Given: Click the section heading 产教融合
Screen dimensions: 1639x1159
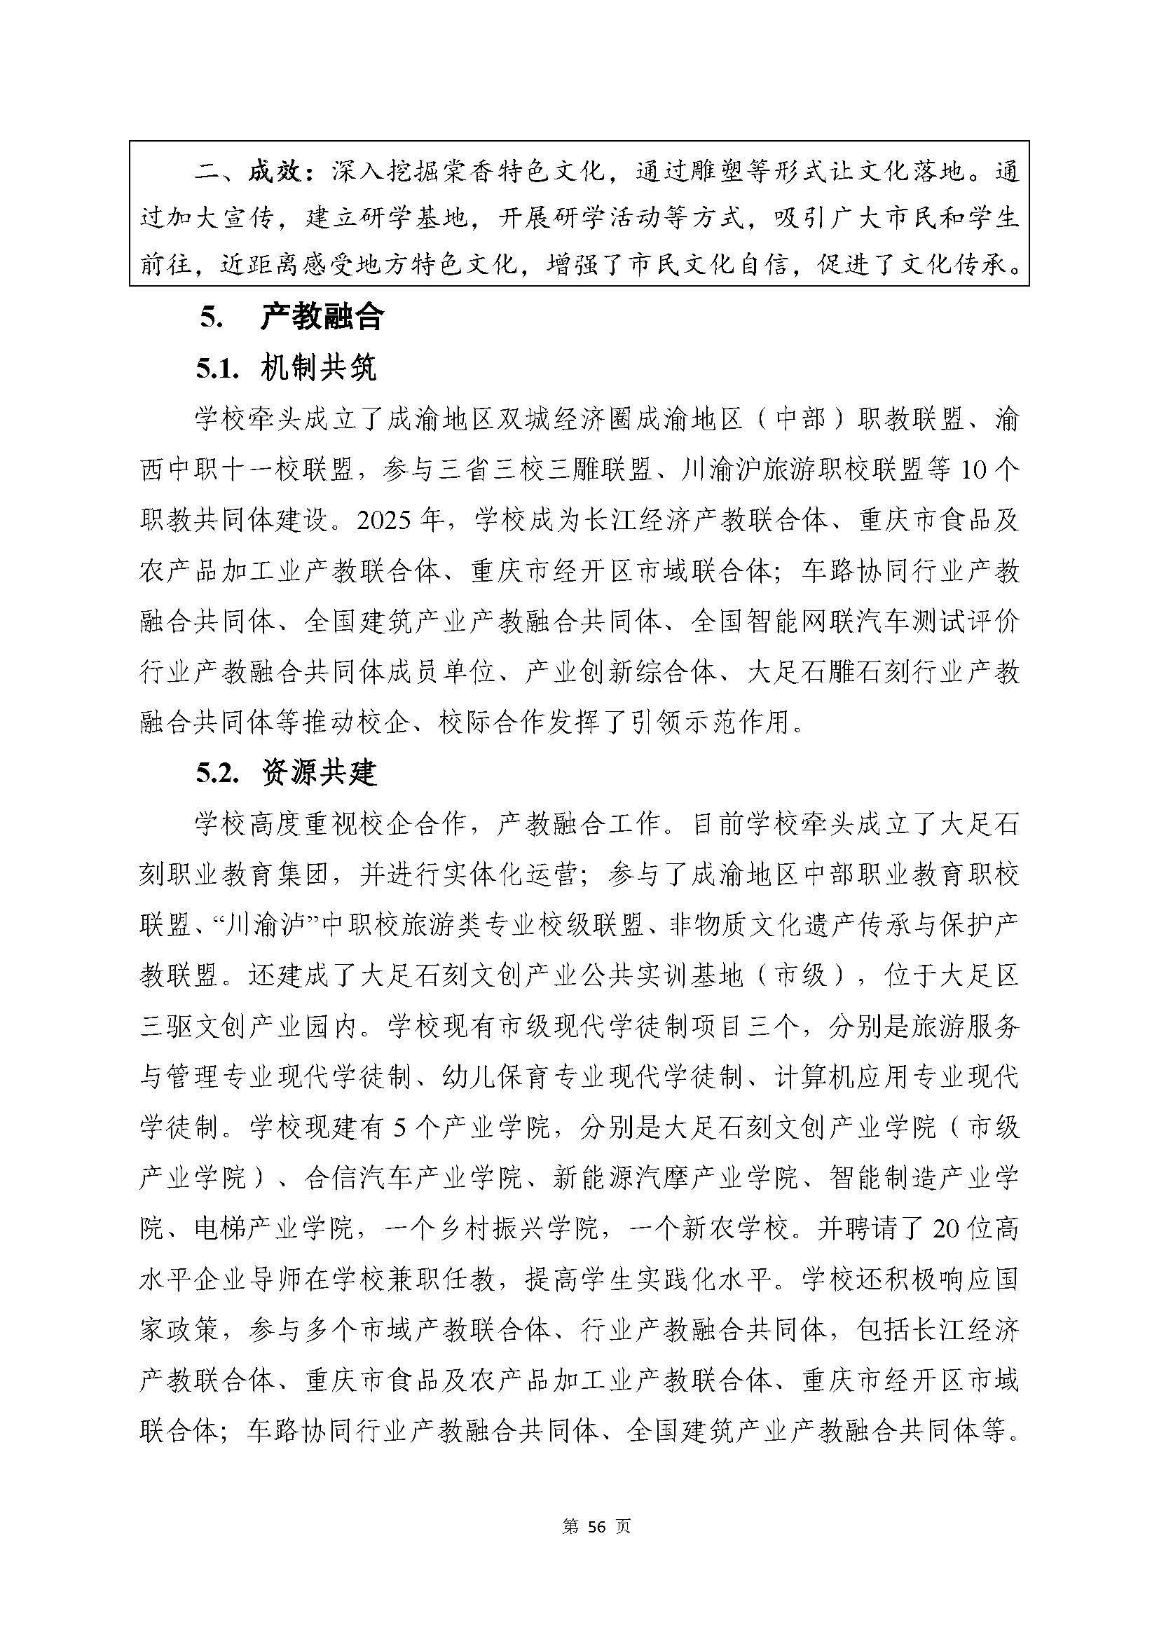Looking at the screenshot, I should pyautogui.click(x=322, y=316).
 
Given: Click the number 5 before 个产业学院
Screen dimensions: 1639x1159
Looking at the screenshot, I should pyautogui.click(x=399, y=1128).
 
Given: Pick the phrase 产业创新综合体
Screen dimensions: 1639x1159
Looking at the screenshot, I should pyautogui.click(x=620, y=672).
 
